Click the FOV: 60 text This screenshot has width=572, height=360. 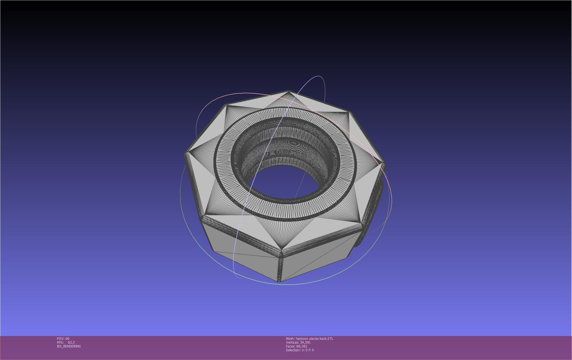point(63,338)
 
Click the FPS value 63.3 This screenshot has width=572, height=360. point(71,342)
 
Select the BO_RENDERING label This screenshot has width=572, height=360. point(69,346)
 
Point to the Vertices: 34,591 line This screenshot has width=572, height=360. point(298,342)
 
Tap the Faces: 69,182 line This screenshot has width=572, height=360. point(296,346)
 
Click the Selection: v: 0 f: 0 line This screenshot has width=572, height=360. point(300,350)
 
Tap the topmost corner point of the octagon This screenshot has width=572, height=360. point(288,91)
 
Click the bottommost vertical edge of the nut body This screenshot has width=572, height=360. point(280,269)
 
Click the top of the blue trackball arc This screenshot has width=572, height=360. point(318,76)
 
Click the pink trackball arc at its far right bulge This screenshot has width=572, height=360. point(392,199)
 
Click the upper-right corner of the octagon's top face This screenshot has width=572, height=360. point(349,112)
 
